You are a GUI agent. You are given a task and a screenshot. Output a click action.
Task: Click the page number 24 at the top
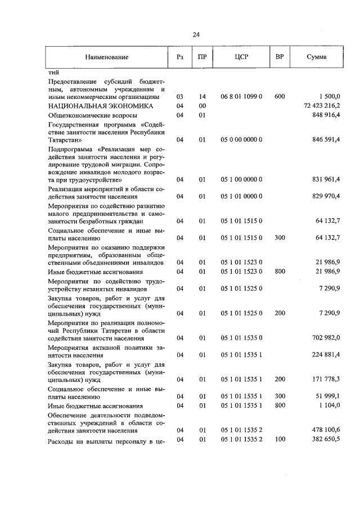coord(196,35)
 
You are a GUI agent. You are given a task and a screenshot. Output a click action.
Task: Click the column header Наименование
coord(107,57)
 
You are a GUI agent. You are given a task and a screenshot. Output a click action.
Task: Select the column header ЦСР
coord(242,57)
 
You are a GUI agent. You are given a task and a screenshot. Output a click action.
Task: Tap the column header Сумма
coord(317,57)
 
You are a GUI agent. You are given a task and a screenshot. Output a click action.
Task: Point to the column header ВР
coord(280,57)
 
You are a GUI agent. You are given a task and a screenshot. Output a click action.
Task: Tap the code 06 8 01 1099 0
coord(242,97)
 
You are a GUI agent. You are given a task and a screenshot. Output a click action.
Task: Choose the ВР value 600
coord(280,97)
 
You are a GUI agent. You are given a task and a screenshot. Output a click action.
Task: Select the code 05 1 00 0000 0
coord(242,180)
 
